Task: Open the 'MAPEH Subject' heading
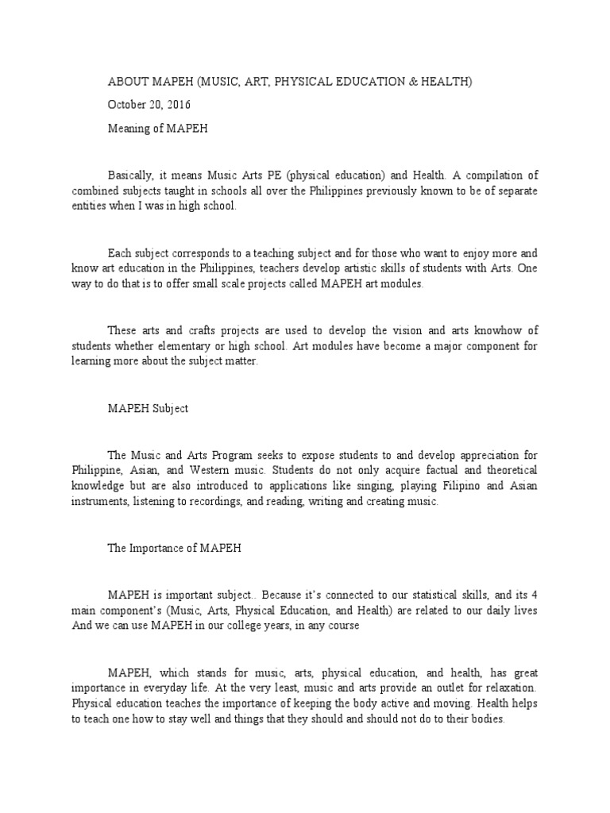point(149,409)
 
